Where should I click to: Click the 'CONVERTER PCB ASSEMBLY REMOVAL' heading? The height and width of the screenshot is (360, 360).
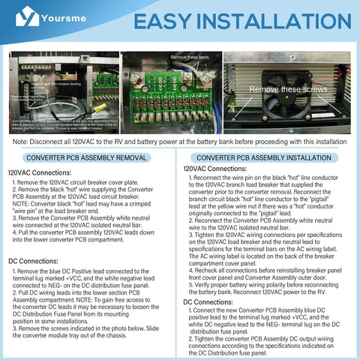(87, 158)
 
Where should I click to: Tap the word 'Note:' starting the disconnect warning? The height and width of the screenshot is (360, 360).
(21, 140)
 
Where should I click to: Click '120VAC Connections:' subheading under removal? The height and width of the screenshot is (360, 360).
(39, 172)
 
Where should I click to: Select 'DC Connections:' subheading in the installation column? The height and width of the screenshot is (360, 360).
(207, 301)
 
